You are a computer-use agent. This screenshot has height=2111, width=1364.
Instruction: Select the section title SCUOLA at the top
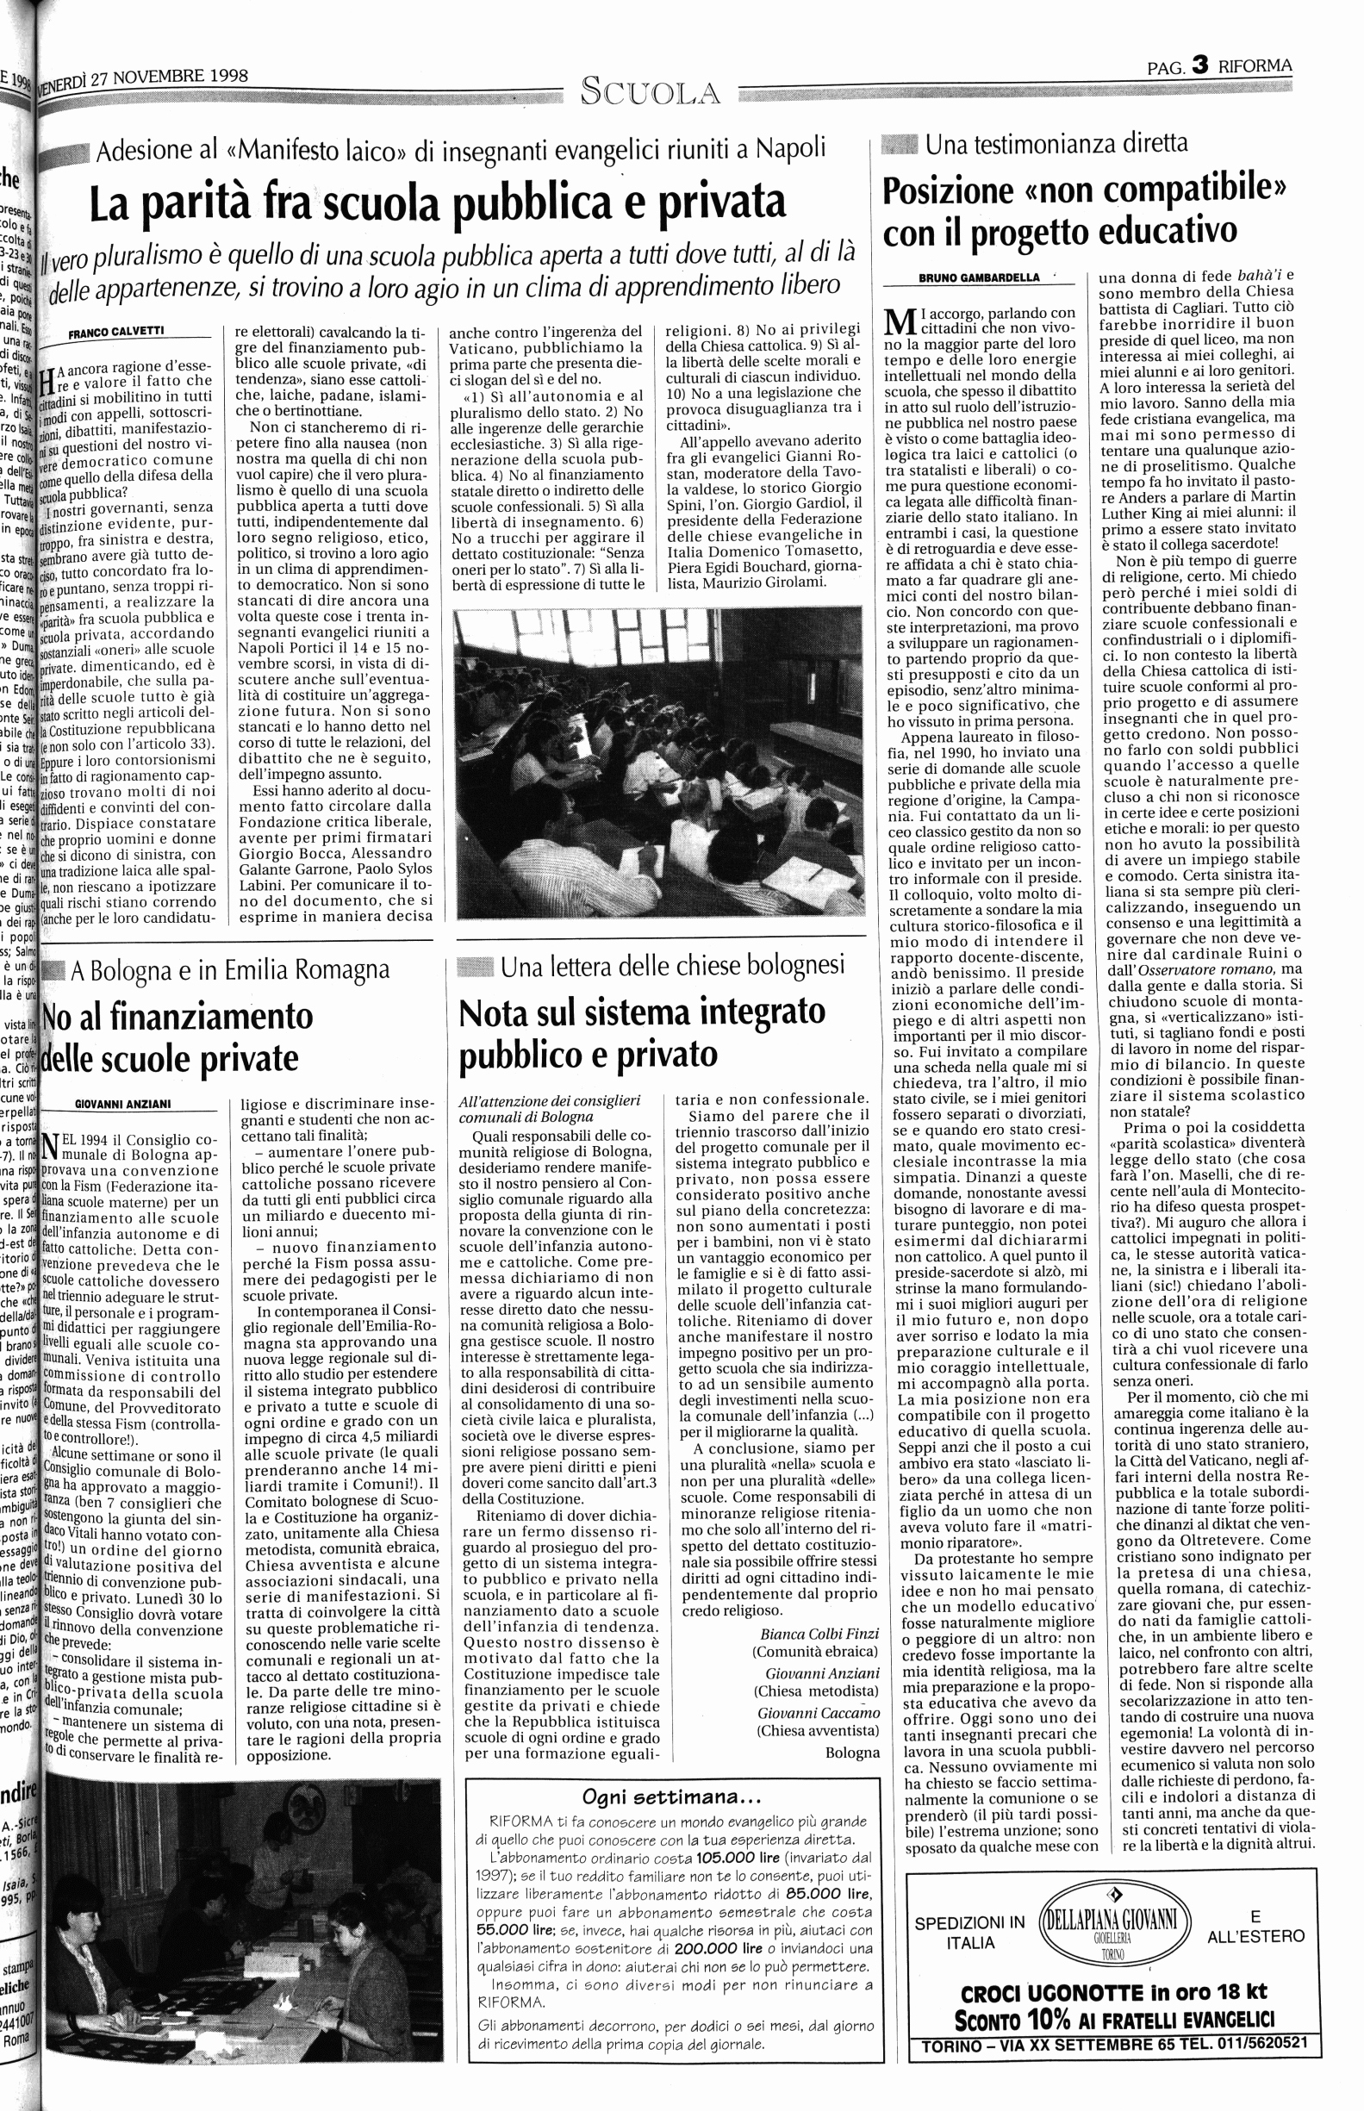(649, 91)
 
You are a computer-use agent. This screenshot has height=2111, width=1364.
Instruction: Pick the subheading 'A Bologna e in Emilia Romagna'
(230, 970)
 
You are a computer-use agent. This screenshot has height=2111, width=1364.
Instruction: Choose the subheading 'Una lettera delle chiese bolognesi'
(672, 966)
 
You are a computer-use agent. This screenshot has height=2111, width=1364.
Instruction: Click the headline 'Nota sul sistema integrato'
(642, 1012)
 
